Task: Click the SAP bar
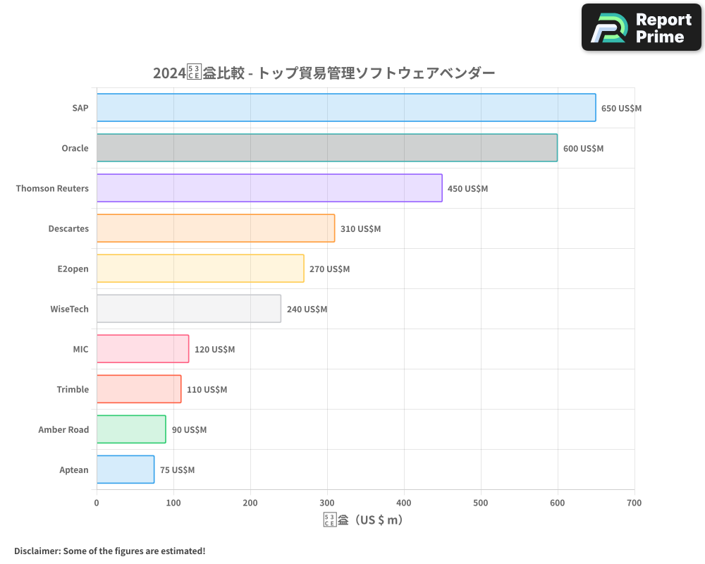(345, 108)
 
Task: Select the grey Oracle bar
(326, 148)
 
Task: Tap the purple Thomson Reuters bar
(269, 188)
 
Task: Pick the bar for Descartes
(215, 228)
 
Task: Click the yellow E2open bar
(200, 269)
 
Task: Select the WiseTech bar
(188, 309)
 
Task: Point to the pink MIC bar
(142, 349)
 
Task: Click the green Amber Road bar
(131, 429)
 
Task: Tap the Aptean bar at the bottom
(125, 470)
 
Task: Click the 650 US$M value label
(621, 109)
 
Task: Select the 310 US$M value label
(360, 229)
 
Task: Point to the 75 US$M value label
(177, 470)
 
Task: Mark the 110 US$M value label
(207, 390)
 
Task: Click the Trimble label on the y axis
(73, 389)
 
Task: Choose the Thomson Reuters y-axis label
(52, 188)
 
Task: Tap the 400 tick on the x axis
(404, 503)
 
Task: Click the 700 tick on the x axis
(634, 503)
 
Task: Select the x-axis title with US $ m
(363, 520)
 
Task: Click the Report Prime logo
(642, 27)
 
